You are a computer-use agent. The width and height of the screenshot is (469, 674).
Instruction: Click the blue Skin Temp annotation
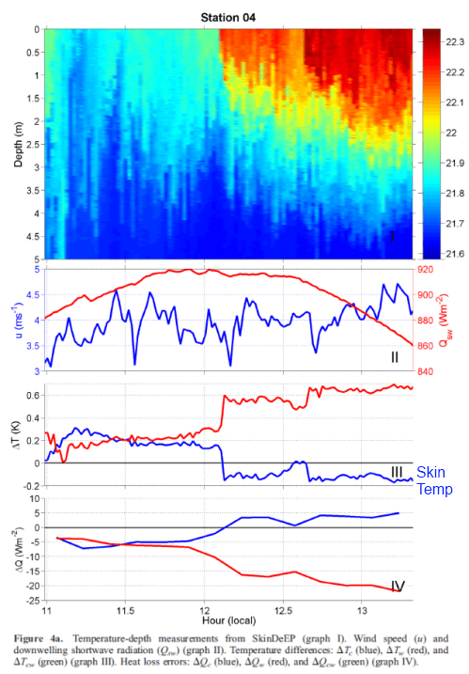point(440,479)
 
